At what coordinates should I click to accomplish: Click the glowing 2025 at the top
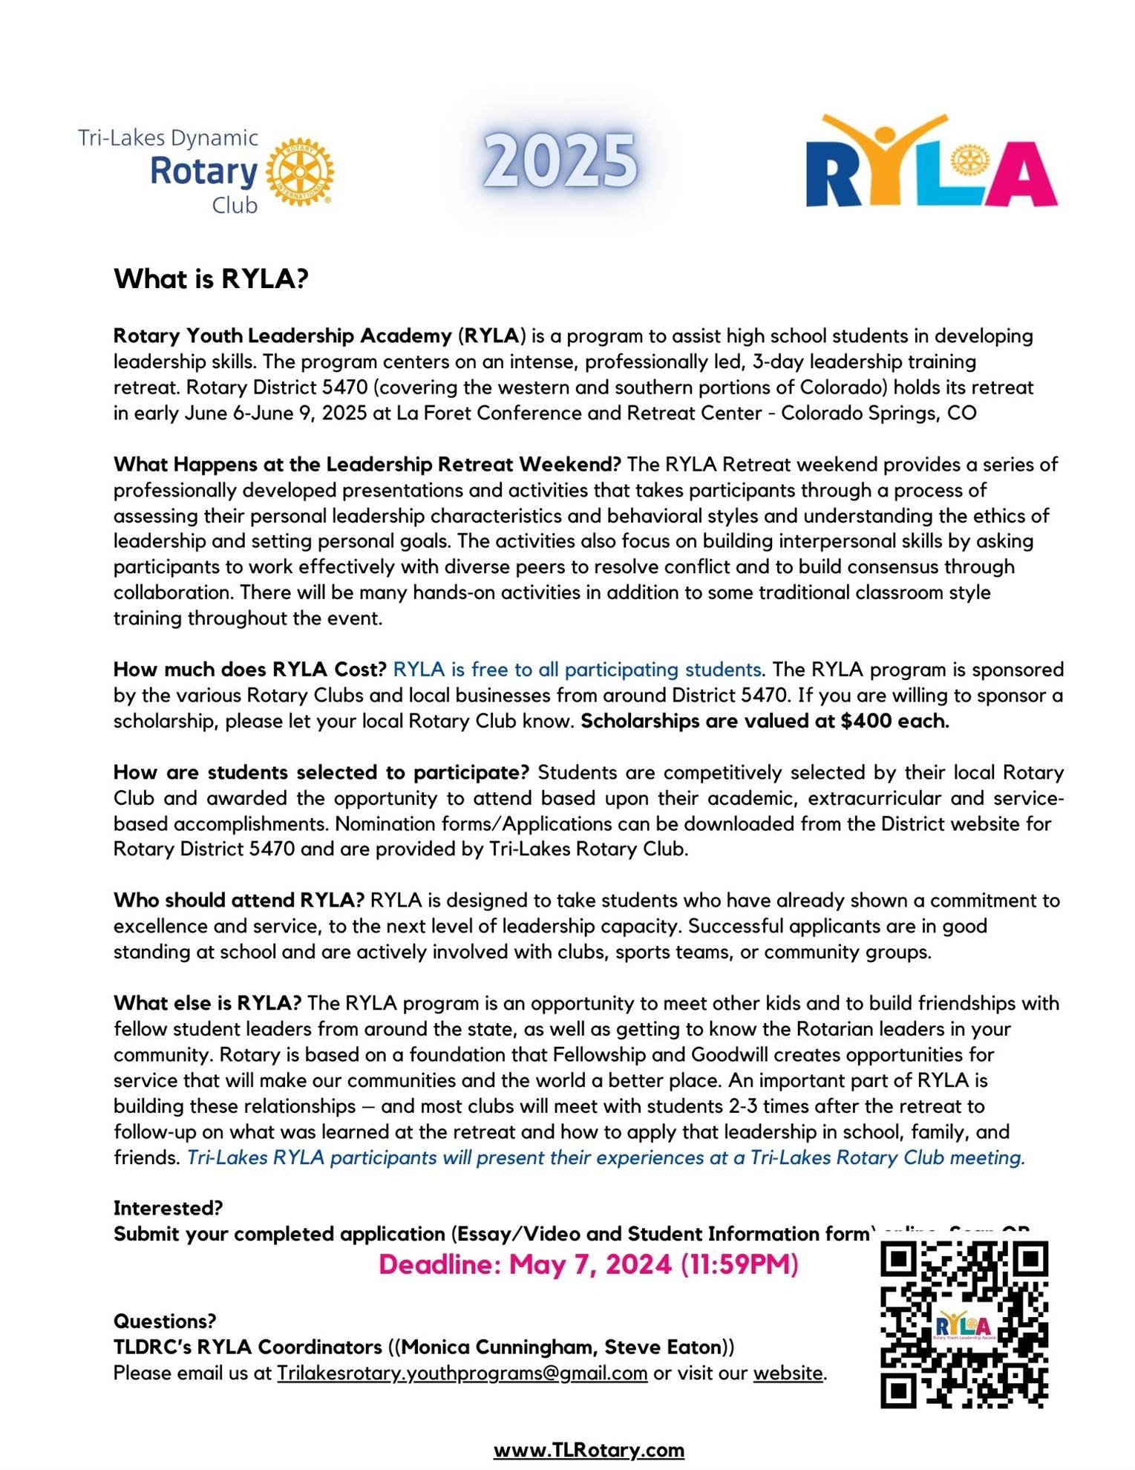[560, 160]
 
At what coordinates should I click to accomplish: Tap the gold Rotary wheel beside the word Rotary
[300, 171]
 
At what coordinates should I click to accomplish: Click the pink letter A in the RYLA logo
[1021, 174]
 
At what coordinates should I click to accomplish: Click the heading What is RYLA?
[211, 279]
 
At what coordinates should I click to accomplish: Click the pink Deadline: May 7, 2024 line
[588, 1264]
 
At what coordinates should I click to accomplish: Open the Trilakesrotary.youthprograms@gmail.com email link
[462, 1373]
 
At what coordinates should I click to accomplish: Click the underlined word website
[788, 1373]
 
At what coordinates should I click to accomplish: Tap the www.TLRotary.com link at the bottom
[589, 1450]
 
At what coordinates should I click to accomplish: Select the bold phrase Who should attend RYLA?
[238, 901]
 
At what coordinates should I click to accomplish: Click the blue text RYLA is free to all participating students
[577, 670]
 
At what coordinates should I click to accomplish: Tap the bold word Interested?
[168, 1208]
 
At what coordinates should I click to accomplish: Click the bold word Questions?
[165, 1322]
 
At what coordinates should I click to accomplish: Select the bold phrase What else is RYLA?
[207, 1004]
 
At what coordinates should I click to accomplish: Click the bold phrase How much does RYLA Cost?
[249, 670]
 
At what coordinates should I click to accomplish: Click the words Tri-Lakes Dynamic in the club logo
[169, 138]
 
